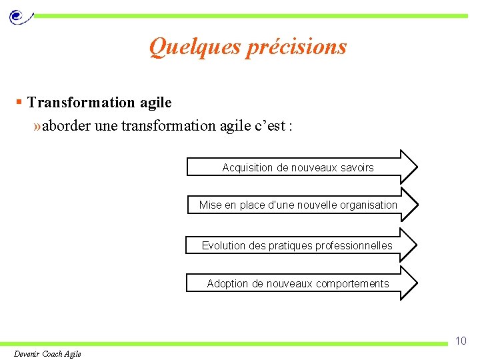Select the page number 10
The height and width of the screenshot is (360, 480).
click(461, 341)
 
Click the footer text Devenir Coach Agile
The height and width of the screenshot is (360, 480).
click(47, 353)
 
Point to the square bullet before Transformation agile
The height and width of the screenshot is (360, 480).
click(20, 102)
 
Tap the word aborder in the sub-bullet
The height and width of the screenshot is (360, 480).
click(67, 125)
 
